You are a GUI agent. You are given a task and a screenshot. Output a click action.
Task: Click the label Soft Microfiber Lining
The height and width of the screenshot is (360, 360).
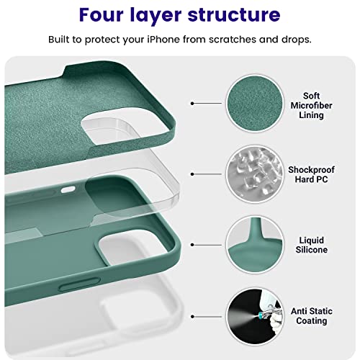(311, 105)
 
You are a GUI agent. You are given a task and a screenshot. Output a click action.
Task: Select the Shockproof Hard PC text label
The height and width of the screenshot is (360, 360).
(311, 174)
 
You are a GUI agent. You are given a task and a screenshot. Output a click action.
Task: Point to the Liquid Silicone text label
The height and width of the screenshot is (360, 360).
(311, 244)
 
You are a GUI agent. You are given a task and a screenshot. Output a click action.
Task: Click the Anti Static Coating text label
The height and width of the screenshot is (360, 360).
(311, 315)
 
